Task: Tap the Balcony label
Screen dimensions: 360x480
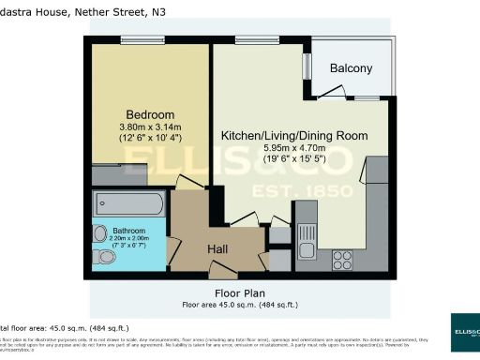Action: (x=350, y=68)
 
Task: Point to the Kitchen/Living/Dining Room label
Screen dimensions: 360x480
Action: (x=292, y=136)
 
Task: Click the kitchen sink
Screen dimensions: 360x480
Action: (x=307, y=247)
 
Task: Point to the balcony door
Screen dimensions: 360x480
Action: (x=330, y=90)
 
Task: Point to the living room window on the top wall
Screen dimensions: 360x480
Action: (x=249, y=39)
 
